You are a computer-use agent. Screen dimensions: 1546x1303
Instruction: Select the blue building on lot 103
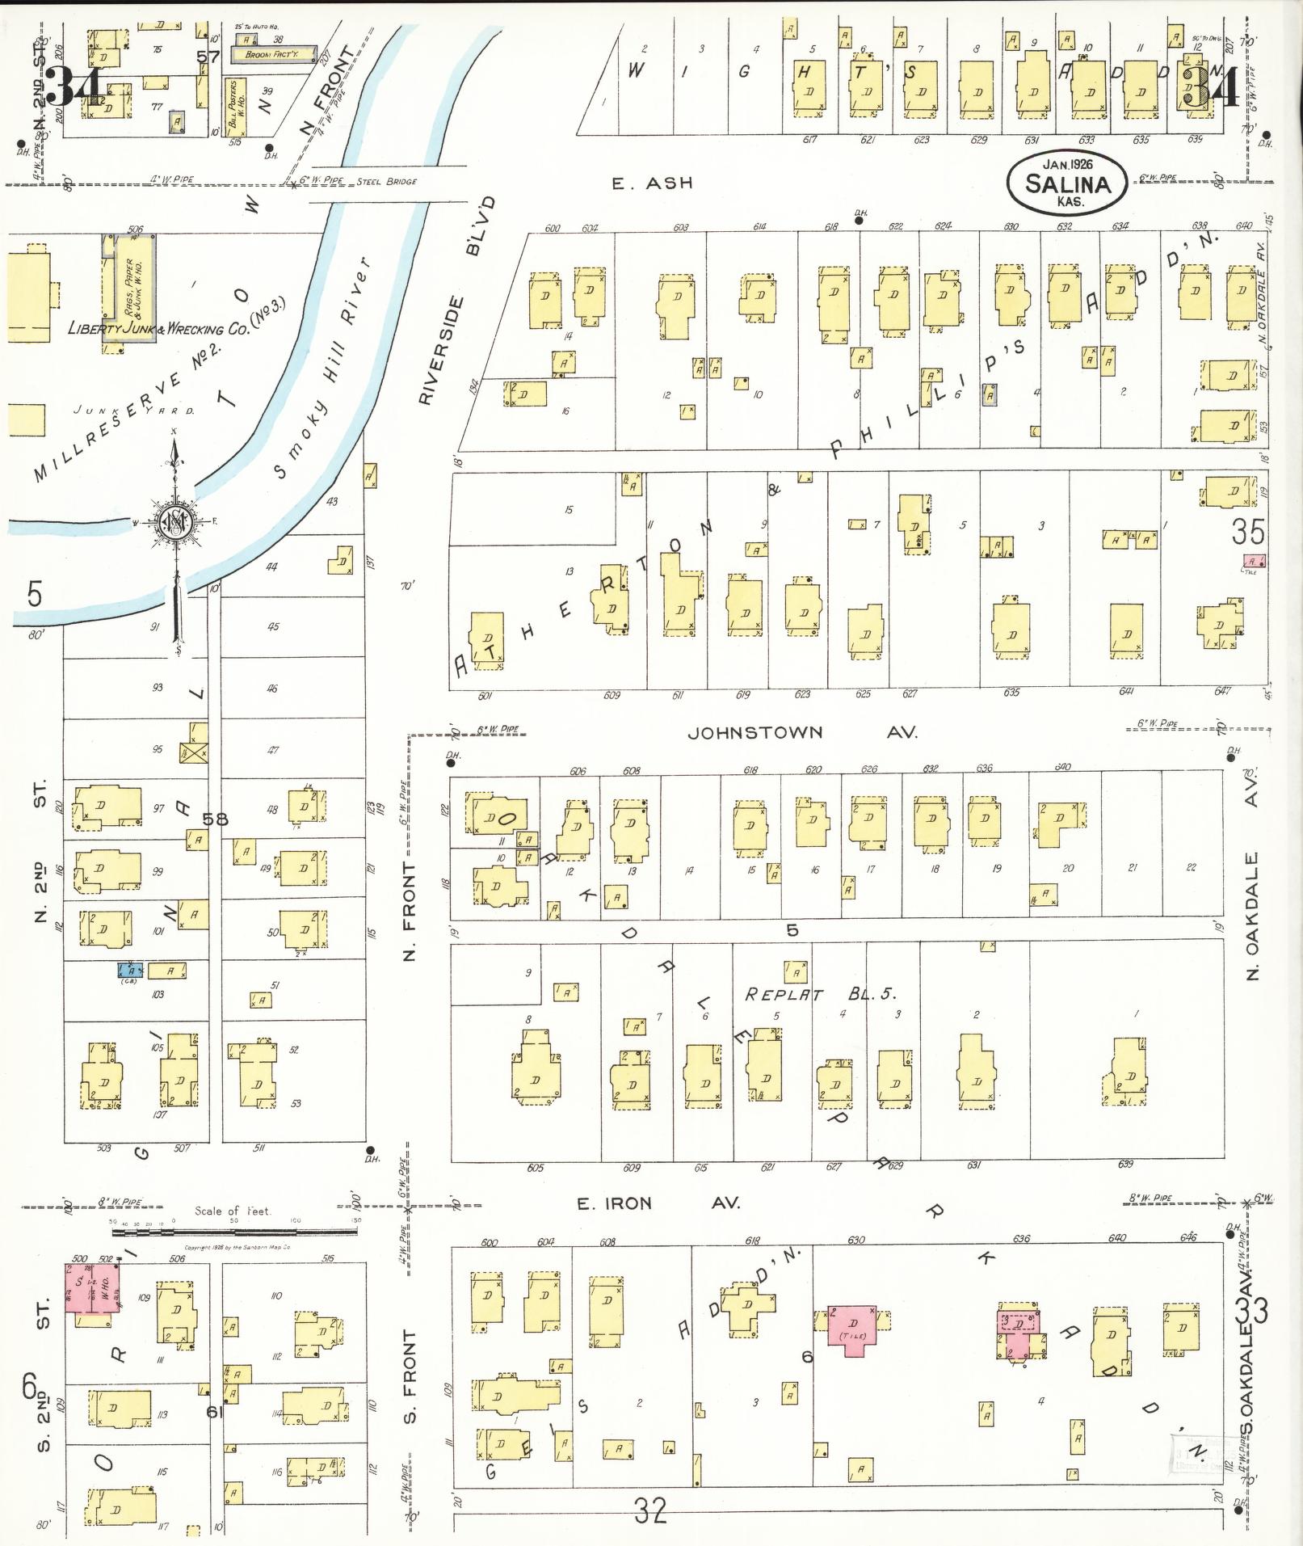[x=130, y=970]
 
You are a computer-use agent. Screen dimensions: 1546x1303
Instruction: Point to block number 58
[x=215, y=819]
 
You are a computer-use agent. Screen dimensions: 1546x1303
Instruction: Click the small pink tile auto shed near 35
[x=1253, y=560]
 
